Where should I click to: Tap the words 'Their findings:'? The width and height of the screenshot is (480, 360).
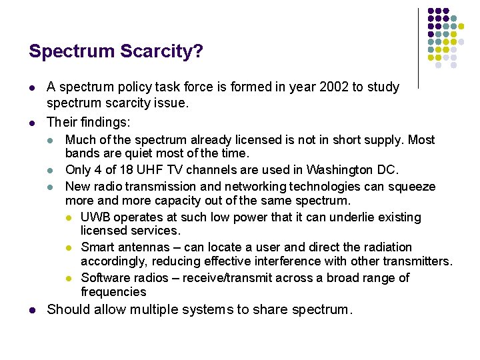pyautogui.click(x=88, y=122)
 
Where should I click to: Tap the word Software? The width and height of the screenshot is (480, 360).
pyautogui.click(x=105, y=278)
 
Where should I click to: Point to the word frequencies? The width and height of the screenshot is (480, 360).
pyautogui.click(x=113, y=291)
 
